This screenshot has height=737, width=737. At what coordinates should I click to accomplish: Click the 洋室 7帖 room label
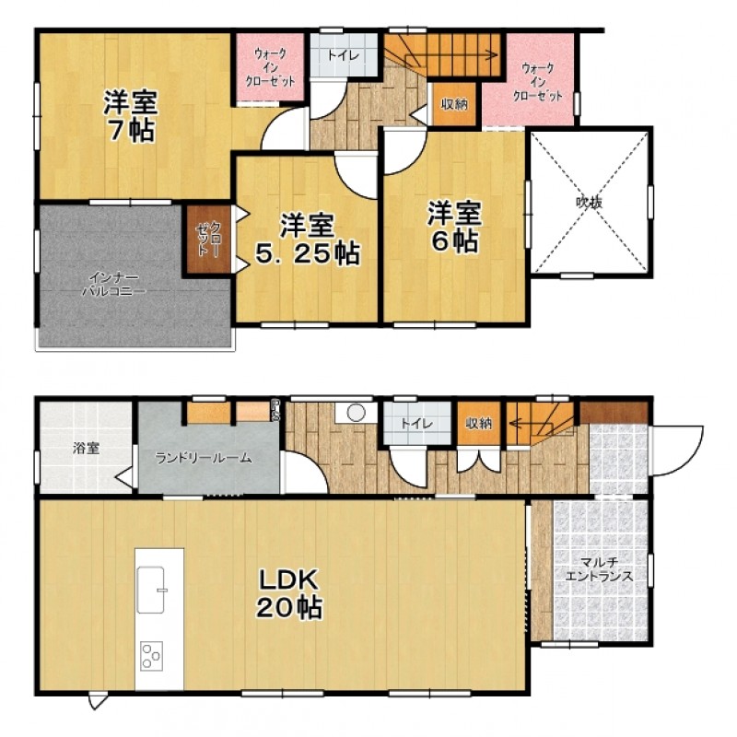pos(130,115)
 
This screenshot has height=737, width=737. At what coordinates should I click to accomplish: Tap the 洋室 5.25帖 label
pos(308,240)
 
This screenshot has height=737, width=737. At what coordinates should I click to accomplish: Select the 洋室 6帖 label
pos(454,227)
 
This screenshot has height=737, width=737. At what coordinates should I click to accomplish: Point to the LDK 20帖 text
pos(289,593)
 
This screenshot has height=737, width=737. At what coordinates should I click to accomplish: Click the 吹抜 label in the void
pos(590,203)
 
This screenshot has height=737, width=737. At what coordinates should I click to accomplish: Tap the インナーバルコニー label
pos(114,284)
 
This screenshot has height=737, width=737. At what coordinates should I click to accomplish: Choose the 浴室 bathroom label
pos(86,448)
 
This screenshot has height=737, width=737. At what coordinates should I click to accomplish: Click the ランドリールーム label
pos(204,458)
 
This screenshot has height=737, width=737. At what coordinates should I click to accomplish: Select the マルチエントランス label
pos(598,569)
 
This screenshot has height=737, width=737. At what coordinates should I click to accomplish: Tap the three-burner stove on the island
pos(151,655)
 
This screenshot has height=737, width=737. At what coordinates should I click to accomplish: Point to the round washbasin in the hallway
pos(357,413)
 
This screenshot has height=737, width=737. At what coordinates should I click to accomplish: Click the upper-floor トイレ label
pos(344,55)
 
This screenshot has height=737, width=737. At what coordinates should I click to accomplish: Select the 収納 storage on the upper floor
pos(454,104)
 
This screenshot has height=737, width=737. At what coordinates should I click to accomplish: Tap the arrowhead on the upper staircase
pos(495,55)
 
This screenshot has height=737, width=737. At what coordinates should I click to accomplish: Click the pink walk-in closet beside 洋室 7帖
pos(270,66)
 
